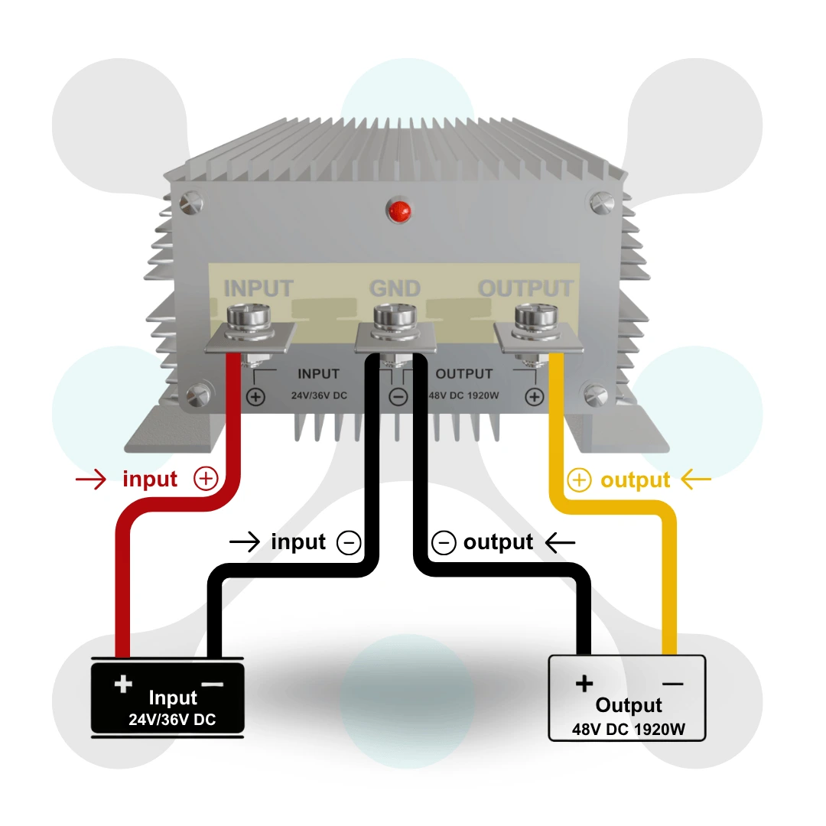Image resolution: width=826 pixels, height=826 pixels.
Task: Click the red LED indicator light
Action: [x=398, y=210]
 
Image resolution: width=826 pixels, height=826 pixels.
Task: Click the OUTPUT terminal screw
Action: [x=533, y=317]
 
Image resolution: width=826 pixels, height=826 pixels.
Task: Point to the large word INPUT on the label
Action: [x=259, y=288]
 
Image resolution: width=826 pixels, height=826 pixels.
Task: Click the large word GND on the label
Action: [x=395, y=288]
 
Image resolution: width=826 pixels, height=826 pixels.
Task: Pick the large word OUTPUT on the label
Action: [x=525, y=288]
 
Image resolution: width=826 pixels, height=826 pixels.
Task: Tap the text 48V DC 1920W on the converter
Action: [x=464, y=396]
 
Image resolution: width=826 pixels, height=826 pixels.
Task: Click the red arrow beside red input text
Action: [x=91, y=480]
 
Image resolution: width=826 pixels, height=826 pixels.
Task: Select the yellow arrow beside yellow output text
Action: [x=695, y=480]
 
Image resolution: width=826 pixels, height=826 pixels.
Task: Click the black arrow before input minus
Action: [x=245, y=542]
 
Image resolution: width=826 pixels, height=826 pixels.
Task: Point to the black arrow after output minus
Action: [x=560, y=542]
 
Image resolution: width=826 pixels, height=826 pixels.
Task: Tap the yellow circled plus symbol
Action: [x=580, y=480]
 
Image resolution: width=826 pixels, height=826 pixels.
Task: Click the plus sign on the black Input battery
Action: [x=122, y=683]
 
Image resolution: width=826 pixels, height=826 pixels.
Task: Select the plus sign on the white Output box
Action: [x=584, y=683]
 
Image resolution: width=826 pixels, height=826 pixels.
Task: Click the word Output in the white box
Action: [x=629, y=705]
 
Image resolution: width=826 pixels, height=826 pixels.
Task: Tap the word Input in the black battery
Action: [x=173, y=698]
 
